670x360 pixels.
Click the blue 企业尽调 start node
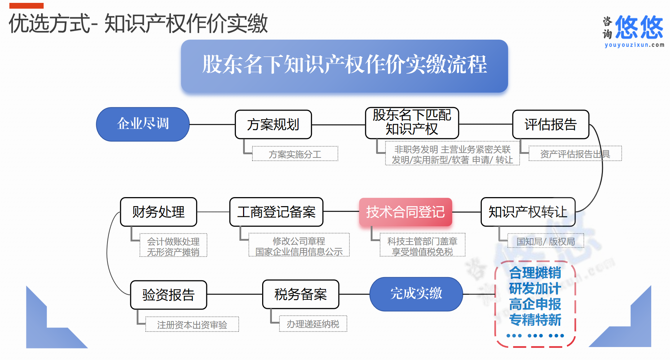(143, 124)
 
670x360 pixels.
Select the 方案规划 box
(273, 124)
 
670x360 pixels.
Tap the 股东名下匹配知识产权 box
(412, 123)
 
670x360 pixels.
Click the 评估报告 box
(551, 124)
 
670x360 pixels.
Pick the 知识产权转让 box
(528, 212)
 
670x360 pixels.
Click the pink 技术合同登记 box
(406, 212)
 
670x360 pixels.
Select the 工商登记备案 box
(276, 212)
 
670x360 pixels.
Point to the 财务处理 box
(159, 212)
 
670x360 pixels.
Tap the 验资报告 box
(169, 295)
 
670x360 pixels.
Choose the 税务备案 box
(301, 294)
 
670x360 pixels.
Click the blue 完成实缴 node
(416, 294)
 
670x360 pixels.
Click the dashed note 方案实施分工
(295, 154)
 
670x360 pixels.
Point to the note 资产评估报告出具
(575, 154)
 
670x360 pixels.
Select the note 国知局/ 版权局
(546, 241)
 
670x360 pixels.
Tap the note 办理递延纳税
(313, 324)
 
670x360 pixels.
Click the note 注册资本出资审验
(192, 325)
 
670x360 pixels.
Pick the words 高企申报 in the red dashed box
(535, 304)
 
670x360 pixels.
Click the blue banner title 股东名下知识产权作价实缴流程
(344, 65)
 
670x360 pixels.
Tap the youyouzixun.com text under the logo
(634, 45)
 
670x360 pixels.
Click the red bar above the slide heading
(26, 6)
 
